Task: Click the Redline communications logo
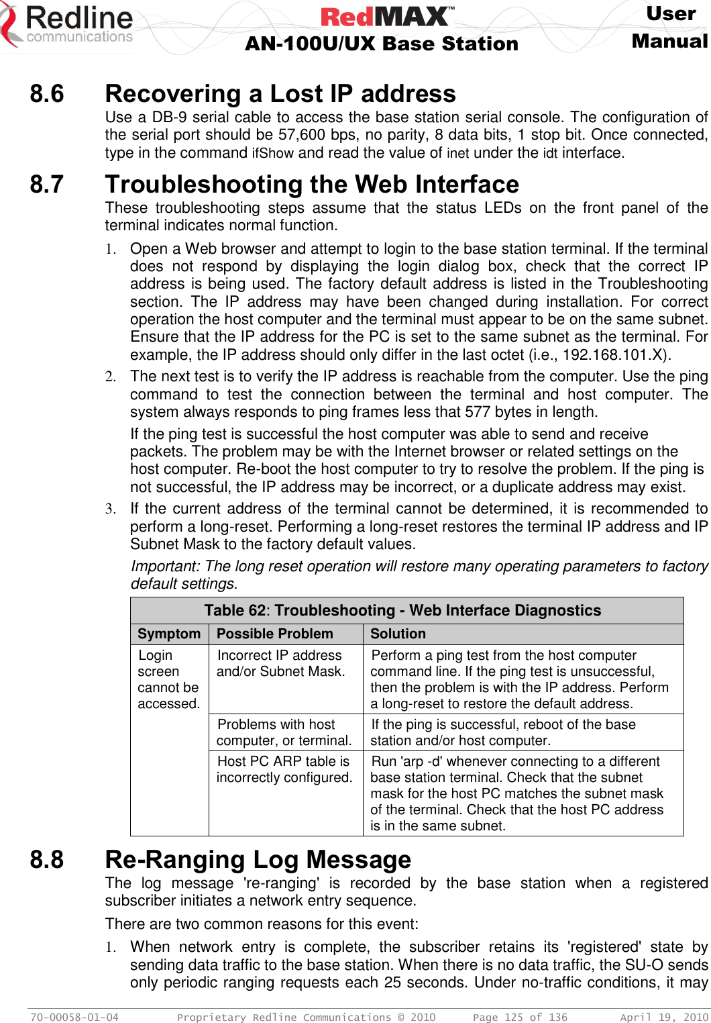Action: (x=67, y=26)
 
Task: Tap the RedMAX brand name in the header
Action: (x=387, y=16)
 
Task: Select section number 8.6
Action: (x=47, y=94)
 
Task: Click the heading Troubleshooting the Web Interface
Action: (x=312, y=185)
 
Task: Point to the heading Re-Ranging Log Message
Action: (x=258, y=860)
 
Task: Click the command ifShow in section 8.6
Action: (x=272, y=153)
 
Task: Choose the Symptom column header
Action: (x=169, y=634)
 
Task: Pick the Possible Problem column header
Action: (x=275, y=634)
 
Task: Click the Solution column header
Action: (x=398, y=634)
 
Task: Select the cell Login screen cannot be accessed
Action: (x=168, y=679)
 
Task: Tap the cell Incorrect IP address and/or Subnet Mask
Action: (x=280, y=663)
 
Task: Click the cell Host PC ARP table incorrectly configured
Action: (x=284, y=769)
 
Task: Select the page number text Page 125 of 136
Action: (x=520, y=1018)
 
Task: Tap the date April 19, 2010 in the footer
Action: (x=663, y=1018)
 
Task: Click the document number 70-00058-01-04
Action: (x=74, y=1018)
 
